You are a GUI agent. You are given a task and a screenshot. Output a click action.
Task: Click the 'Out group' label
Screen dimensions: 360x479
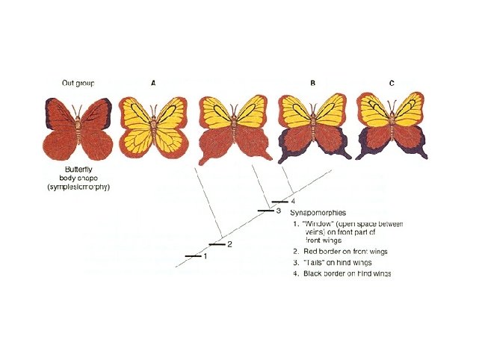[78, 82]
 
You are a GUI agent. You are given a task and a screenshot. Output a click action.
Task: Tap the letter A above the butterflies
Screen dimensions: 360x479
[154, 82]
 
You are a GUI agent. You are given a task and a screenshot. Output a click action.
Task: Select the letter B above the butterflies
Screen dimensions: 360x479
[312, 82]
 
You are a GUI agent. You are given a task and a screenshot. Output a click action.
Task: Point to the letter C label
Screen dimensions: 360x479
[392, 82]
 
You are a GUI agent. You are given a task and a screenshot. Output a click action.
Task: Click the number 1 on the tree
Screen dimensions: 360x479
[205, 256]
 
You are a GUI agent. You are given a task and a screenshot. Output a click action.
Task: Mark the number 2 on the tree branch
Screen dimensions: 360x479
[229, 244]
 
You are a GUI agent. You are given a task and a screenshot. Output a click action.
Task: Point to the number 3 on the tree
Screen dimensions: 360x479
[278, 211]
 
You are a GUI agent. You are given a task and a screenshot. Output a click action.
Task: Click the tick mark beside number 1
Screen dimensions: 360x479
[193, 256]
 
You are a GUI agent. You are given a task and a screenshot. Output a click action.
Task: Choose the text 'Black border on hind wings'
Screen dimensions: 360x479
[347, 274]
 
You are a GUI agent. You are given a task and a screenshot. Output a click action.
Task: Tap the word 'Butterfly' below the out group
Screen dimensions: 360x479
[78, 170]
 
